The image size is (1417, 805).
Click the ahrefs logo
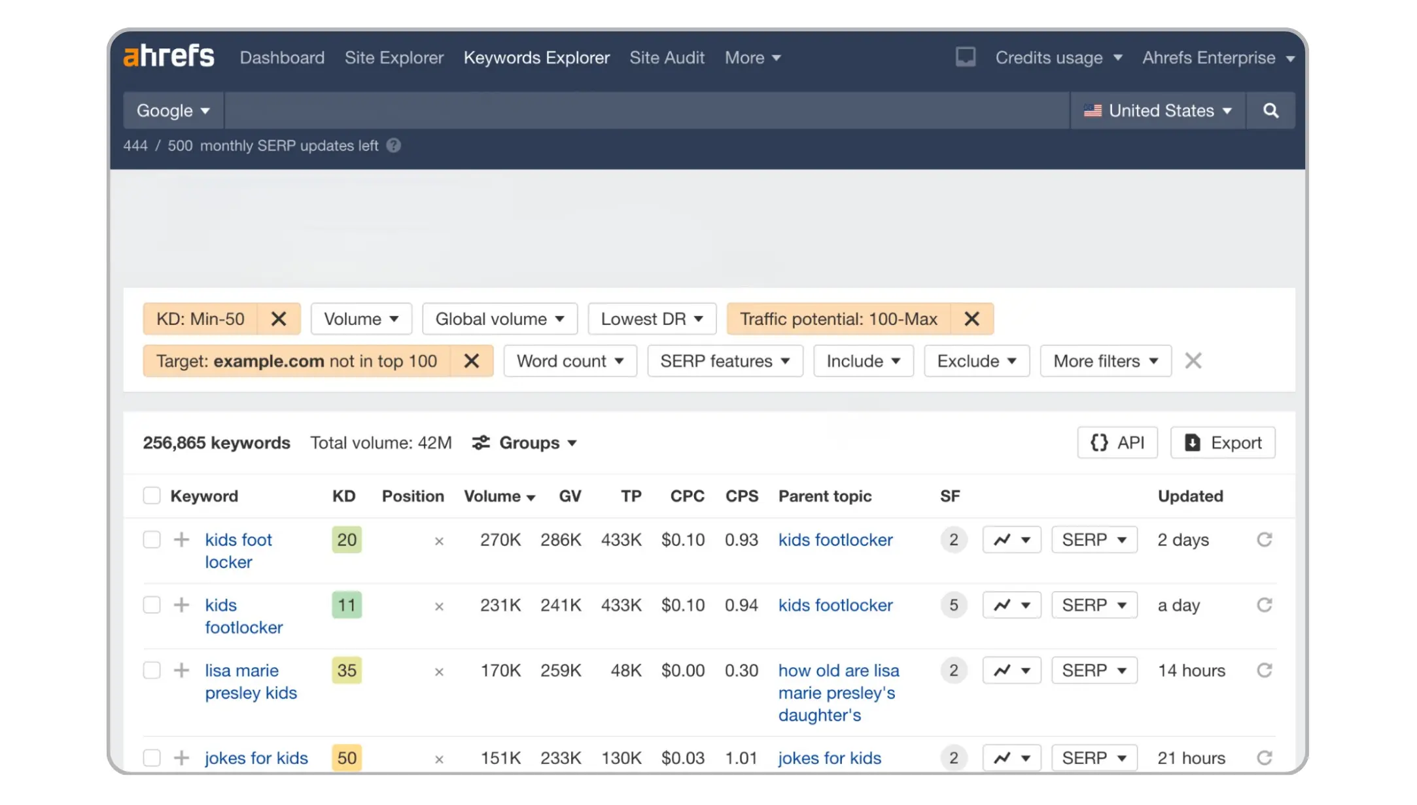click(169, 57)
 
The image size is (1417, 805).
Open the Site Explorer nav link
click(394, 58)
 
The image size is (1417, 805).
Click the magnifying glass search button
click(1270, 111)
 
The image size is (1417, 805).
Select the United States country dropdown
click(1157, 111)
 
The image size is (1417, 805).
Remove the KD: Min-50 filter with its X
click(279, 319)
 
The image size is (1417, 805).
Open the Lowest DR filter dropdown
click(652, 319)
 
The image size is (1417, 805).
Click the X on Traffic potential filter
click(971, 319)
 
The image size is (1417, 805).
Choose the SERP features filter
click(725, 361)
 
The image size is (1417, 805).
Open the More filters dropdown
click(1105, 361)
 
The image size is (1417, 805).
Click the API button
click(1117, 443)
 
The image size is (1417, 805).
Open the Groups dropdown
click(525, 443)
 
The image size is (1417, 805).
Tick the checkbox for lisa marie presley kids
click(152, 670)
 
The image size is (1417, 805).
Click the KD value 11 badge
click(347, 605)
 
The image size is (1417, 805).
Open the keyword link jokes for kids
click(256, 758)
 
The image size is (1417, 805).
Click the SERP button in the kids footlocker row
click(1094, 605)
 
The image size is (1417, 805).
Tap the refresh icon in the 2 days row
click(1264, 540)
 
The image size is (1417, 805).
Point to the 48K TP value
click(626, 670)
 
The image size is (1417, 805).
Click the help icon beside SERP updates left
click(393, 145)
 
